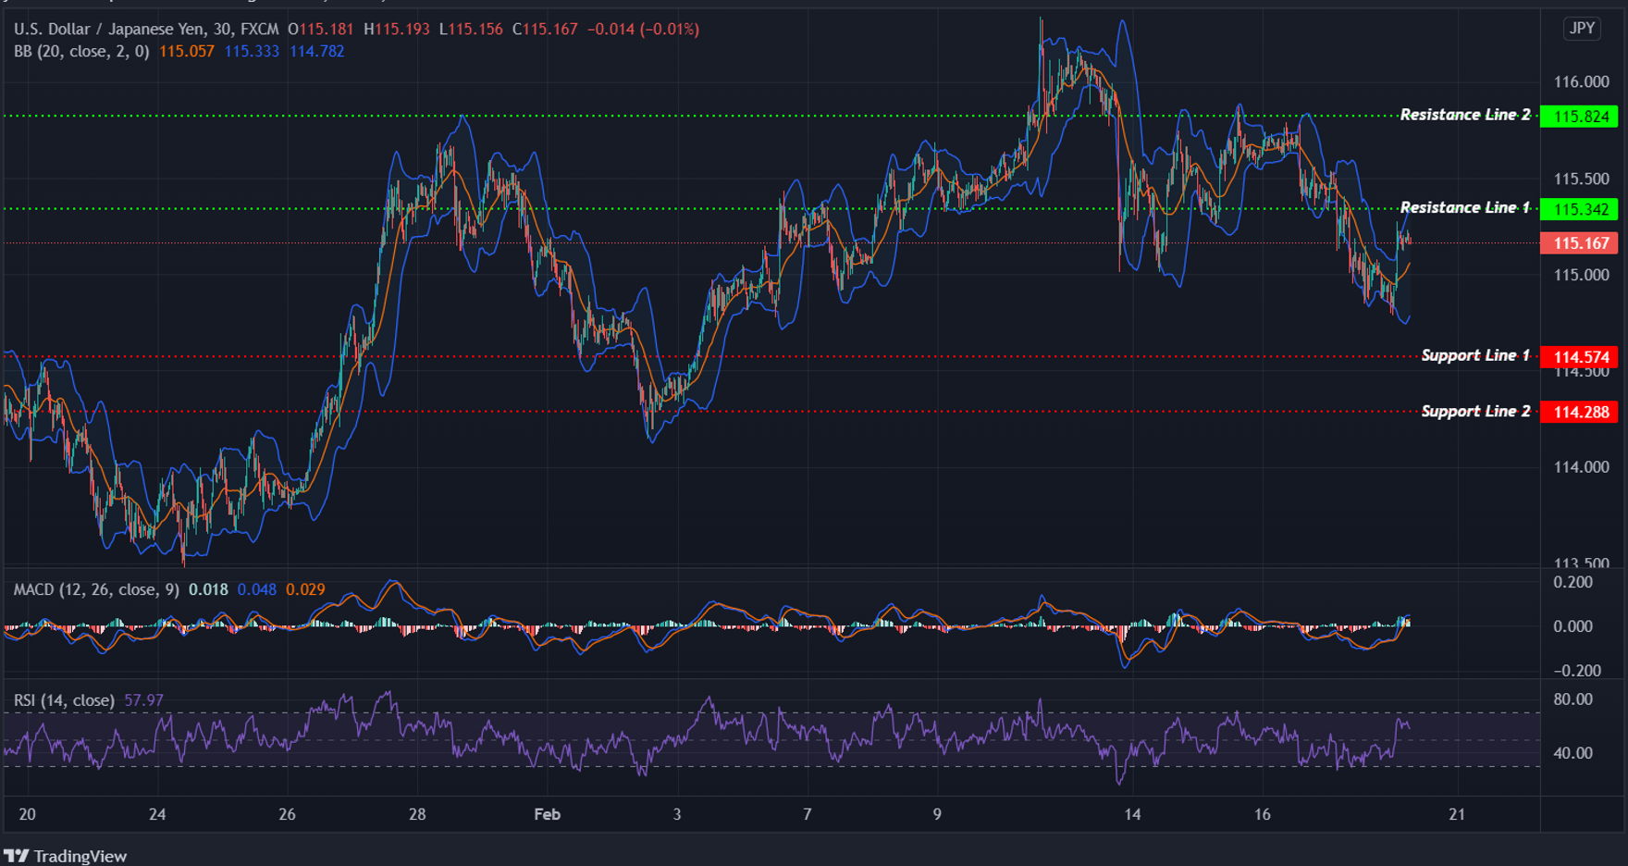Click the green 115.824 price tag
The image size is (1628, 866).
tap(1580, 117)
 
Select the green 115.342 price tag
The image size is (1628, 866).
tap(1580, 209)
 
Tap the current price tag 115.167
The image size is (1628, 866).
tap(1580, 243)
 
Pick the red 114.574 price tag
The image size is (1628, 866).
tap(1580, 357)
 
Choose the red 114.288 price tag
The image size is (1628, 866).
tap(1580, 412)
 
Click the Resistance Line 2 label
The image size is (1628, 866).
tap(1464, 115)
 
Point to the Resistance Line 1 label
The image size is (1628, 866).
tap(1464, 207)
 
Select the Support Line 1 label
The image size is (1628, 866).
tap(1475, 355)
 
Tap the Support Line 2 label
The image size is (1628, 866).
tap(1475, 411)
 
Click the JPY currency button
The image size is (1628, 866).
tap(1582, 29)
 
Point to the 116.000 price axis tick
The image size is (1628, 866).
tap(1581, 82)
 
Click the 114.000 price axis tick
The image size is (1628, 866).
tap(1581, 467)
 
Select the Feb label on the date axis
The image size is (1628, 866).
tap(547, 814)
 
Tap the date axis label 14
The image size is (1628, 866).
tap(1132, 814)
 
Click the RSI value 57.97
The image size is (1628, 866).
tap(143, 700)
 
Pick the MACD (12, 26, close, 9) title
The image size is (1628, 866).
tap(96, 589)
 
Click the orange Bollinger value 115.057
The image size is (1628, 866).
tap(186, 51)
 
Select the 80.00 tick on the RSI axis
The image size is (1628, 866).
tap(1572, 699)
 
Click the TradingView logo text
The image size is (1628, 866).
tap(80, 856)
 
